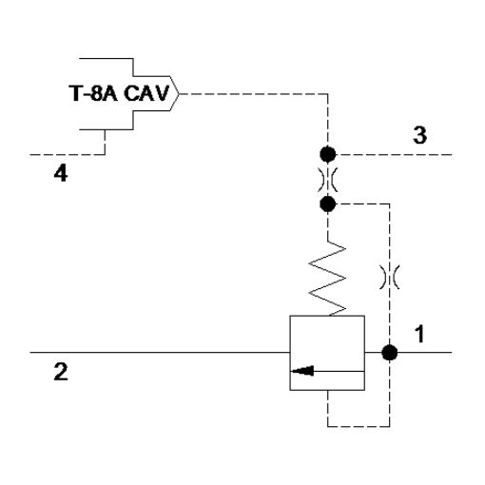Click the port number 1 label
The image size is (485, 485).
pyautogui.click(x=419, y=334)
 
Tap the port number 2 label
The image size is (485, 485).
pyautogui.click(x=61, y=372)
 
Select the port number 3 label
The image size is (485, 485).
pyautogui.click(x=419, y=135)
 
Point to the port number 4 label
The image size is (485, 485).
pyautogui.click(x=61, y=174)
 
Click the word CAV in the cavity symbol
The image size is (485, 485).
pyautogui.click(x=146, y=93)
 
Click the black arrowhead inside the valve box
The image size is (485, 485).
pyautogui.click(x=302, y=371)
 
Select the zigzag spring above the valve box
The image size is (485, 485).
pyautogui.click(x=327, y=279)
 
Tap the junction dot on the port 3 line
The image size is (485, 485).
pyautogui.click(x=327, y=154)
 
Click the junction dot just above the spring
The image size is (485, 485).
pyautogui.click(x=327, y=204)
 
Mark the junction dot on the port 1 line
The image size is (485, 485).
pyautogui.click(x=390, y=353)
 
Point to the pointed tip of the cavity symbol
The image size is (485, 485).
pyautogui.click(x=179, y=94)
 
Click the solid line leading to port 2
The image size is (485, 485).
pyautogui.click(x=160, y=352)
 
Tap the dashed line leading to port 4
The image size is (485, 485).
pyautogui.click(x=68, y=155)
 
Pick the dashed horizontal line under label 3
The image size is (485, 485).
pyautogui.click(x=394, y=155)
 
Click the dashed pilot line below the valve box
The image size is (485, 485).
pyautogui.click(x=359, y=426)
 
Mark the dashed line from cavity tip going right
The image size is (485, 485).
pyautogui.click(x=253, y=94)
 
